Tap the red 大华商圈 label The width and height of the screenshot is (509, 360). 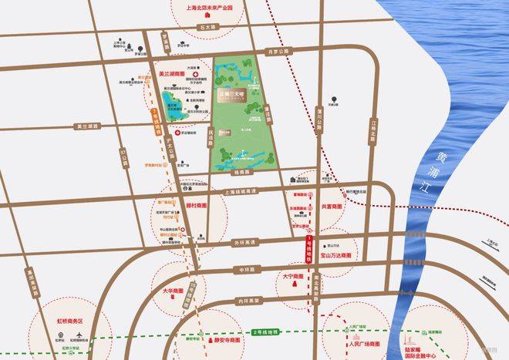(175, 292)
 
